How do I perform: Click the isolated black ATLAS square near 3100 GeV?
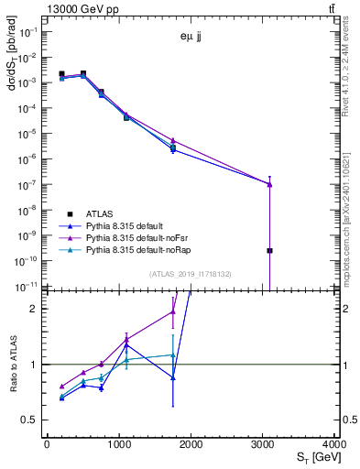pos(270,250)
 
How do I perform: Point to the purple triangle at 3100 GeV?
pos(270,184)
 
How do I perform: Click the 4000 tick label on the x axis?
pos(335,444)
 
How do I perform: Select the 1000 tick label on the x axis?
pos(119,444)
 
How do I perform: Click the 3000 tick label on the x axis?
pos(263,444)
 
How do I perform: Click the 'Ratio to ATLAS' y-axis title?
pos(12,365)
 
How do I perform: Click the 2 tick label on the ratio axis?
pos(36,309)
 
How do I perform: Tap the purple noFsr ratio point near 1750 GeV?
pos(172,312)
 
